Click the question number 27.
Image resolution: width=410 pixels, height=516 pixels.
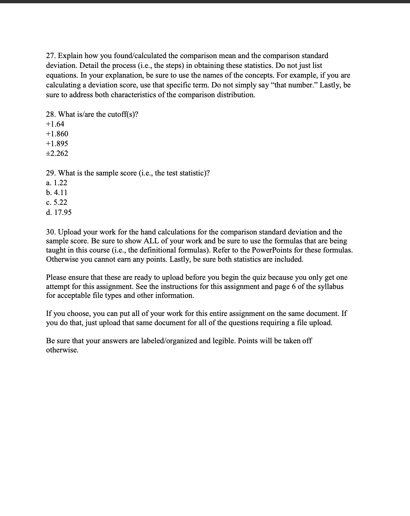tap(51, 56)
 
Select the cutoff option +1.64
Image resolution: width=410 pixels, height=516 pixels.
tap(55, 124)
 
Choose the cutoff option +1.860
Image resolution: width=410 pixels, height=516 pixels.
tap(57, 134)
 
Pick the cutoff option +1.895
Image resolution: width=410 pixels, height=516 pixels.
tap(57, 143)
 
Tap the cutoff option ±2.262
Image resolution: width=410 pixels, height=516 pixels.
tap(57, 153)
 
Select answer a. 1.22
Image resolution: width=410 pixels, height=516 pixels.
tap(57, 183)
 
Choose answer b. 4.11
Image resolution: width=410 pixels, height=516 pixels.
tap(57, 192)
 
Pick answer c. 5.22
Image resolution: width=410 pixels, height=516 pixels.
tap(57, 202)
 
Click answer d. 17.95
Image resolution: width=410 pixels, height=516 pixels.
tap(59, 212)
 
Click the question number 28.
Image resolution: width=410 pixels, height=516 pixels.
tap(51, 114)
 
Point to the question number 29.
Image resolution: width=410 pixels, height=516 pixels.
tap(51, 173)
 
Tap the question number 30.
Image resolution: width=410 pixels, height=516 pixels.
tap(51, 232)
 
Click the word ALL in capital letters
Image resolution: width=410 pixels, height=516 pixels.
tap(151, 241)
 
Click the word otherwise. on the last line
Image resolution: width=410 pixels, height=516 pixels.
tap(62, 350)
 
